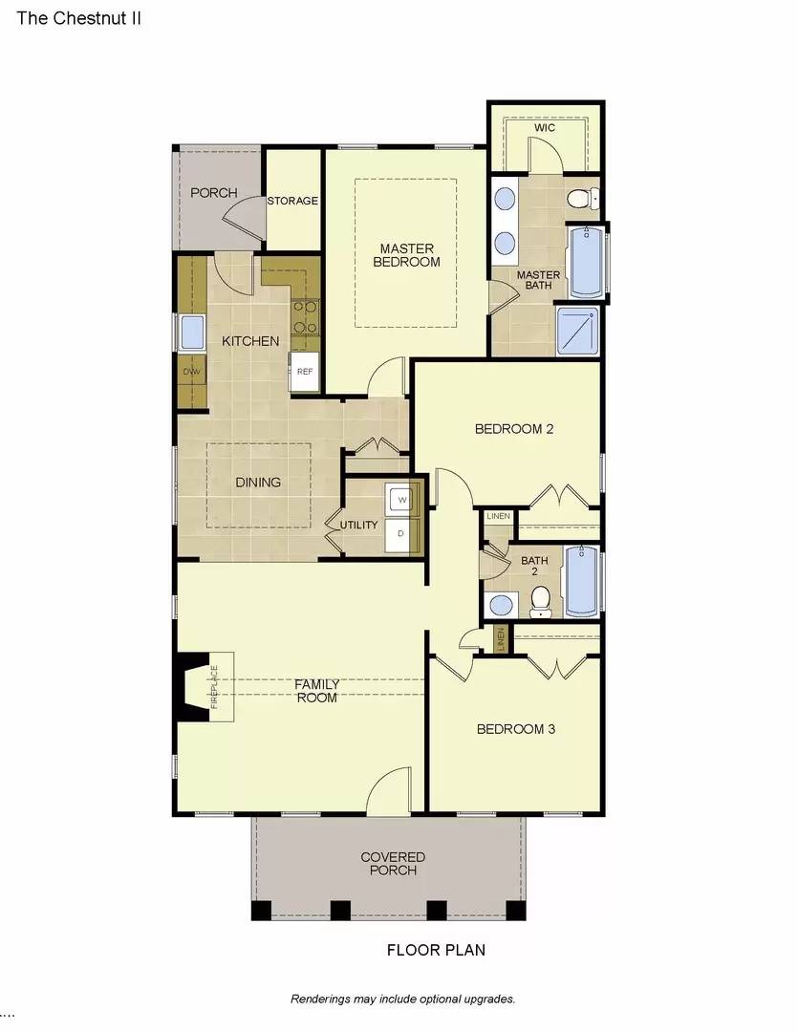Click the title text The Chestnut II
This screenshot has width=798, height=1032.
point(72,17)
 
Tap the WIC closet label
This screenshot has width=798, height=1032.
point(545,127)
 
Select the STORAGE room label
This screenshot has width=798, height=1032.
point(291,201)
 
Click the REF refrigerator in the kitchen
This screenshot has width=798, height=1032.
point(305,372)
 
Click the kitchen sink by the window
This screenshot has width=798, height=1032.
point(192,333)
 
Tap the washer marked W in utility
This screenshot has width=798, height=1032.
point(400,499)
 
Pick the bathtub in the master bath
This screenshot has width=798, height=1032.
point(584,261)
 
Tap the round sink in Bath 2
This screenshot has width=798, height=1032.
point(499,604)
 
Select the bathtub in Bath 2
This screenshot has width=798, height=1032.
point(582,580)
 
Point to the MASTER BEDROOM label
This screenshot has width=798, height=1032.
point(406,254)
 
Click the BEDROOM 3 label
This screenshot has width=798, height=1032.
point(516,729)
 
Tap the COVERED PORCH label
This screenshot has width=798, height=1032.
point(392,863)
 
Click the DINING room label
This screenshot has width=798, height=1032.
point(258,482)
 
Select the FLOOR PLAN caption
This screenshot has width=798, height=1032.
point(435,950)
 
